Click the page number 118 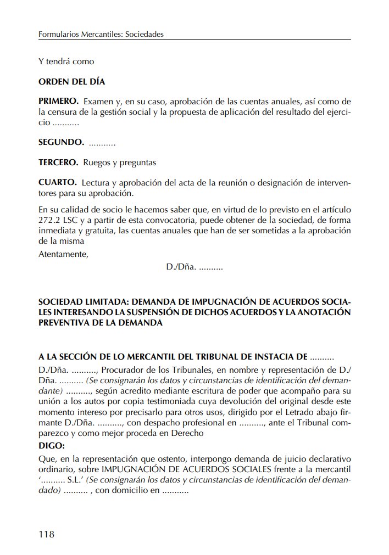tap(47, 534)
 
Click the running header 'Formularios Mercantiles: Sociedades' tap(101, 34)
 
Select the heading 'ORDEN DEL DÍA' tap(71, 82)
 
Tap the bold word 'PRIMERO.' tap(59, 102)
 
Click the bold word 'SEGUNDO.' tap(61, 143)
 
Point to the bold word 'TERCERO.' tap(59, 162)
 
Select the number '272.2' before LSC tap(48, 220)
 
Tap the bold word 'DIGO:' tap(52, 445)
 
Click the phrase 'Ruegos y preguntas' tap(120, 162)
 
